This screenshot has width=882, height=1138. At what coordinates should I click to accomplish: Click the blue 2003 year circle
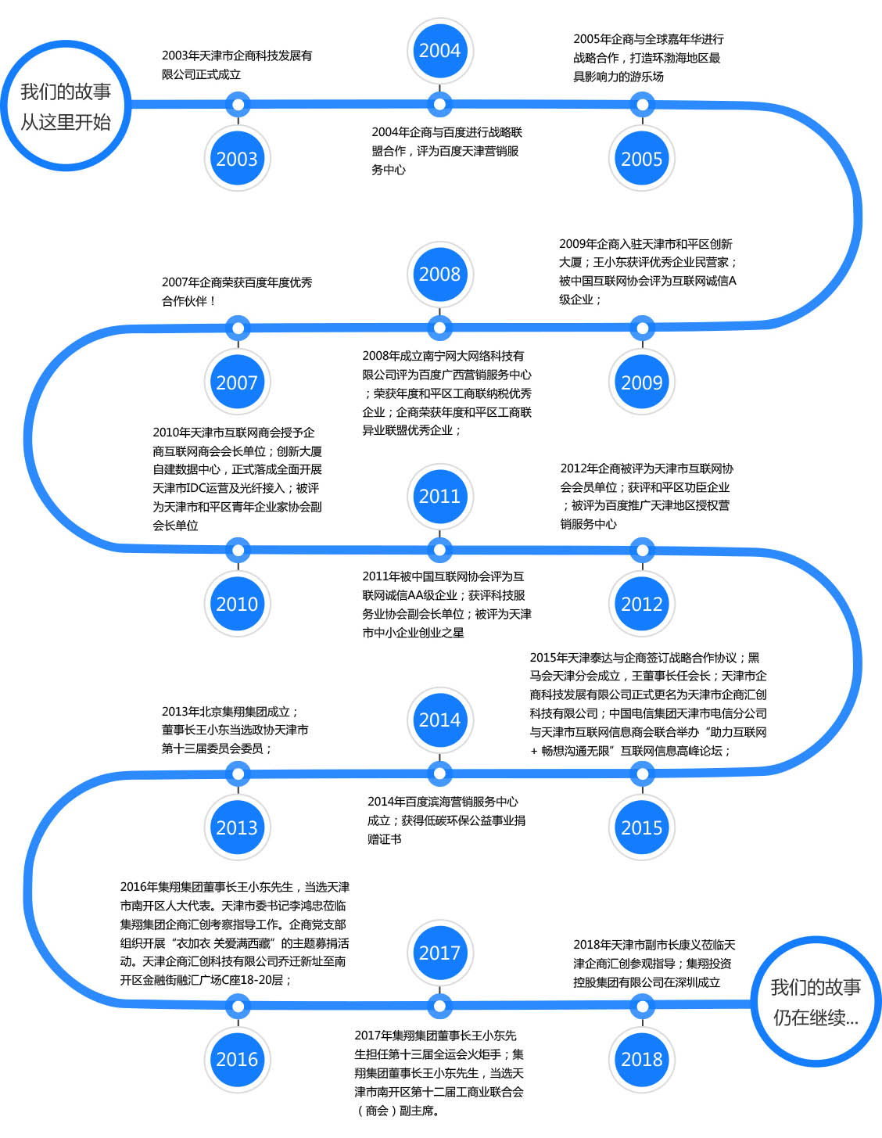pyautogui.click(x=237, y=159)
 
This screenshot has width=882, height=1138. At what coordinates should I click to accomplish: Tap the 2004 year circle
pyautogui.click(x=439, y=51)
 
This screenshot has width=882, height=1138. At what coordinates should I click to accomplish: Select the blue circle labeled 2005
pyautogui.click(x=641, y=159)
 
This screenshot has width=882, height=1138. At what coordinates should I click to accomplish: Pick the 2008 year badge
pyautogui.click(x=439, y=274)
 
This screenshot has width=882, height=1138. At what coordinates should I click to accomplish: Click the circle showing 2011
pyautogui.click(x=439, y=496)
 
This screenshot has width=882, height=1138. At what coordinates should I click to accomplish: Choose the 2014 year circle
pyautogui.click(x=439, y=720)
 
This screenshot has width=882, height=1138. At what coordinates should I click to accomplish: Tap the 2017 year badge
pyautogui.click(x=439, y=953)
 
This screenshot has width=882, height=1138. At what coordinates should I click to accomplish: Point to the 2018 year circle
pyautogui.click(x=641, y=1059)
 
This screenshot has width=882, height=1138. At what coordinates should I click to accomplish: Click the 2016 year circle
pyautogui.click(x=237, y=1059)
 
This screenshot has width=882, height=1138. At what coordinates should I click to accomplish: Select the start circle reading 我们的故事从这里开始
pyautogui.click(x=66, y=106)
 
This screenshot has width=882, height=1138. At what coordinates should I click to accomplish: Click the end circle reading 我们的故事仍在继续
pyautogui.click(x=816, y=1002)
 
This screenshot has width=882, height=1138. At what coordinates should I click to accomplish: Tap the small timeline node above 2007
pyautogui.click(x=238, y=328)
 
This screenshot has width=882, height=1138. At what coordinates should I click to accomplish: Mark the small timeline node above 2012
pyautogui.click(x=642, y=550)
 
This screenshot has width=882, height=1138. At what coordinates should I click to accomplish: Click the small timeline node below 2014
pyautogui.click(x=439, y=774)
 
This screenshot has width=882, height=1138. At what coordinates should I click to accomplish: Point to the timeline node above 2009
pyautogui.click(x=642, y=328)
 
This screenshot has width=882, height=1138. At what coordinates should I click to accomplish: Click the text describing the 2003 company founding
pyautogui.click(x=237, y=65)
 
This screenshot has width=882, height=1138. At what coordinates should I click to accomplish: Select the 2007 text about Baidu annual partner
pyautogui.click(x=237, y=291)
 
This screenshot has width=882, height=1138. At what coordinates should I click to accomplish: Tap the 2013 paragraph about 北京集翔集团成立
pyautogui.click(x=235, y=730)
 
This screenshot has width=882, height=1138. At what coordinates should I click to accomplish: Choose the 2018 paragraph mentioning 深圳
pyautogui.click(x=654, y=964)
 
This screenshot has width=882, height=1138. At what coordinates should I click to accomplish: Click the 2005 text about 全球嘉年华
pyautogui.click(x=648, y=58)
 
